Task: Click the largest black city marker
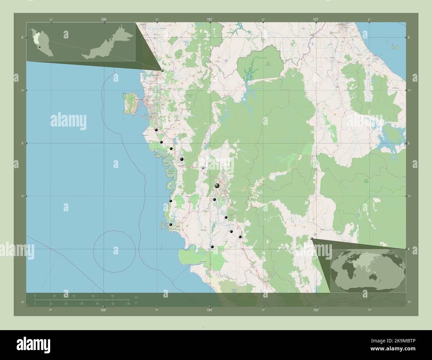(x=217, y=185)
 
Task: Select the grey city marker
(x=203, y=168)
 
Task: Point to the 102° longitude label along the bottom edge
(x=316, y=310)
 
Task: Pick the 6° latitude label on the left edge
(x=22, y=37)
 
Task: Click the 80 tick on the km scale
(x=113, y=296)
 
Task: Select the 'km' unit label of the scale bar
(x=136, y=297)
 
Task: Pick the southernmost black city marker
(x=212, y=247)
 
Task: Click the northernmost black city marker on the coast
(x=156, y=130)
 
